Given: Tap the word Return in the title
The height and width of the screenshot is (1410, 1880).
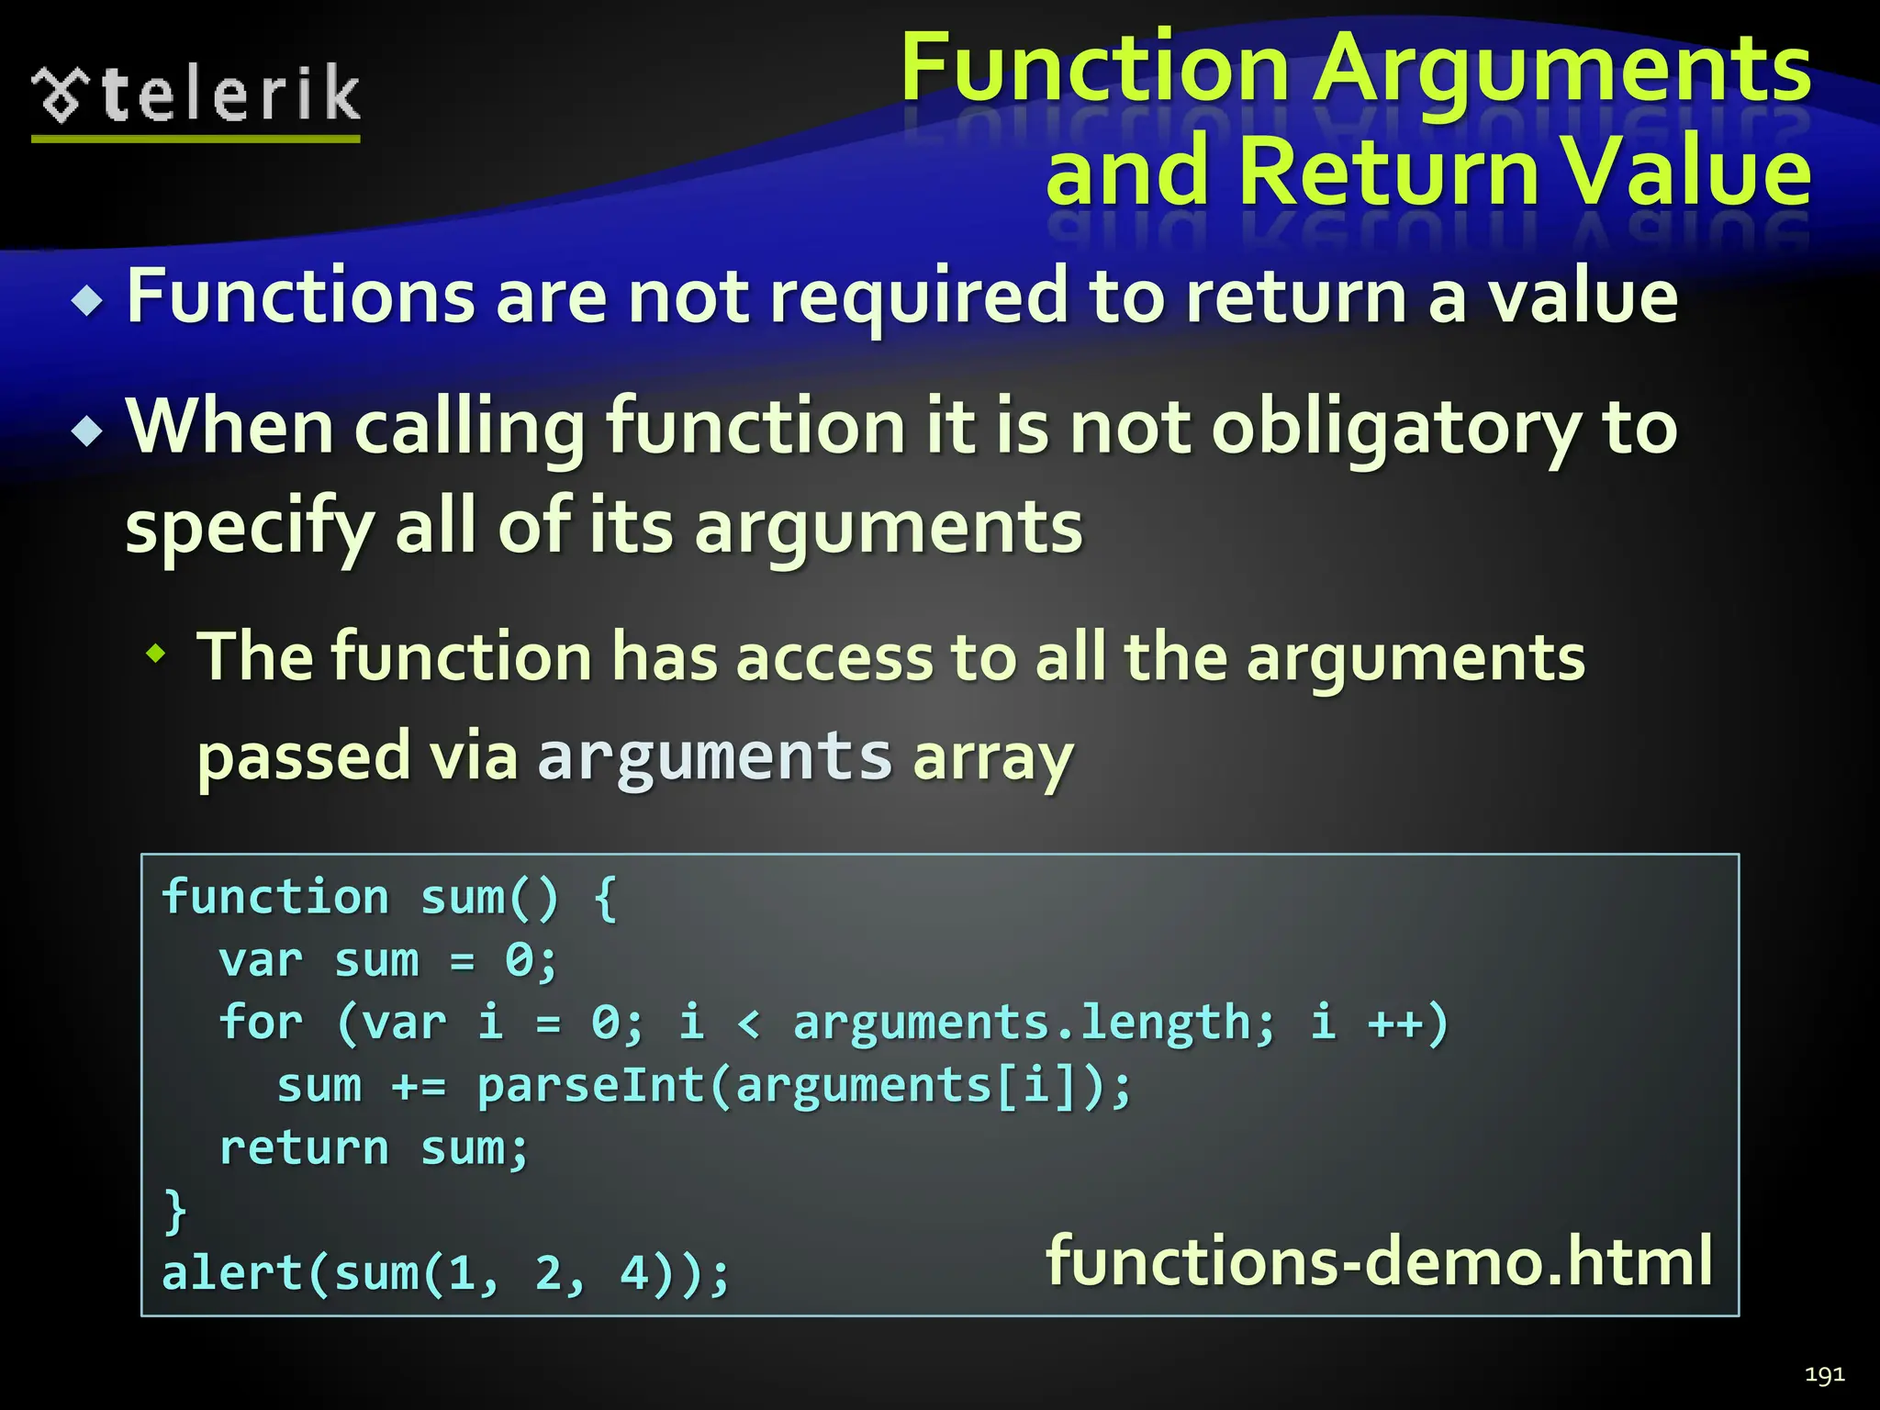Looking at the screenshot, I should (x=1387, y=172).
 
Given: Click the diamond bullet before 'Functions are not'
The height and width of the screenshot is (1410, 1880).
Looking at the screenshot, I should (x=88, y=301).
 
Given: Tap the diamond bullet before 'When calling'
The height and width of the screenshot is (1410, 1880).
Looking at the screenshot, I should (x=88, y=431).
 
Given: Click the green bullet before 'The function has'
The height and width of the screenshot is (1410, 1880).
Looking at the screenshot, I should (x=157, y=655).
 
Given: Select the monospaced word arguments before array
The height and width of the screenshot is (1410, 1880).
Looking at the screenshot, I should (x=714, y=756).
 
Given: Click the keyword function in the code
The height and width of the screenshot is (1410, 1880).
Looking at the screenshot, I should (x=275, y=897).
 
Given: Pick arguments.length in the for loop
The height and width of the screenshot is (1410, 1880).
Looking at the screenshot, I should (x=1034, y=1023).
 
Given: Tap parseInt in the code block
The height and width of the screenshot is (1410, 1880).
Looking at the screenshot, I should (x=590, y=1086).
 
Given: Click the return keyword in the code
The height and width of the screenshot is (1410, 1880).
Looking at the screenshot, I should (x=304, y=1148).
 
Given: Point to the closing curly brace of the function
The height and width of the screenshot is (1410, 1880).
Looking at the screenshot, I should (x=175, y=1211).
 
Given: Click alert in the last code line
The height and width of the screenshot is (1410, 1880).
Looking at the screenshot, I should (x=233, y=1274).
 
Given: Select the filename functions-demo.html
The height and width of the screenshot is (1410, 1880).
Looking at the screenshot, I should (x=1379, y=1261).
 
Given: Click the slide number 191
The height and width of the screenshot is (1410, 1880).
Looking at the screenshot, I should (x=1824, y=1374).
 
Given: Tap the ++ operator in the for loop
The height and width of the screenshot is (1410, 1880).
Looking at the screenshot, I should (x=1394, y=1023).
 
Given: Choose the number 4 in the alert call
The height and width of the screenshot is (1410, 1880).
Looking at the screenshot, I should (x=634, y=1274).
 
